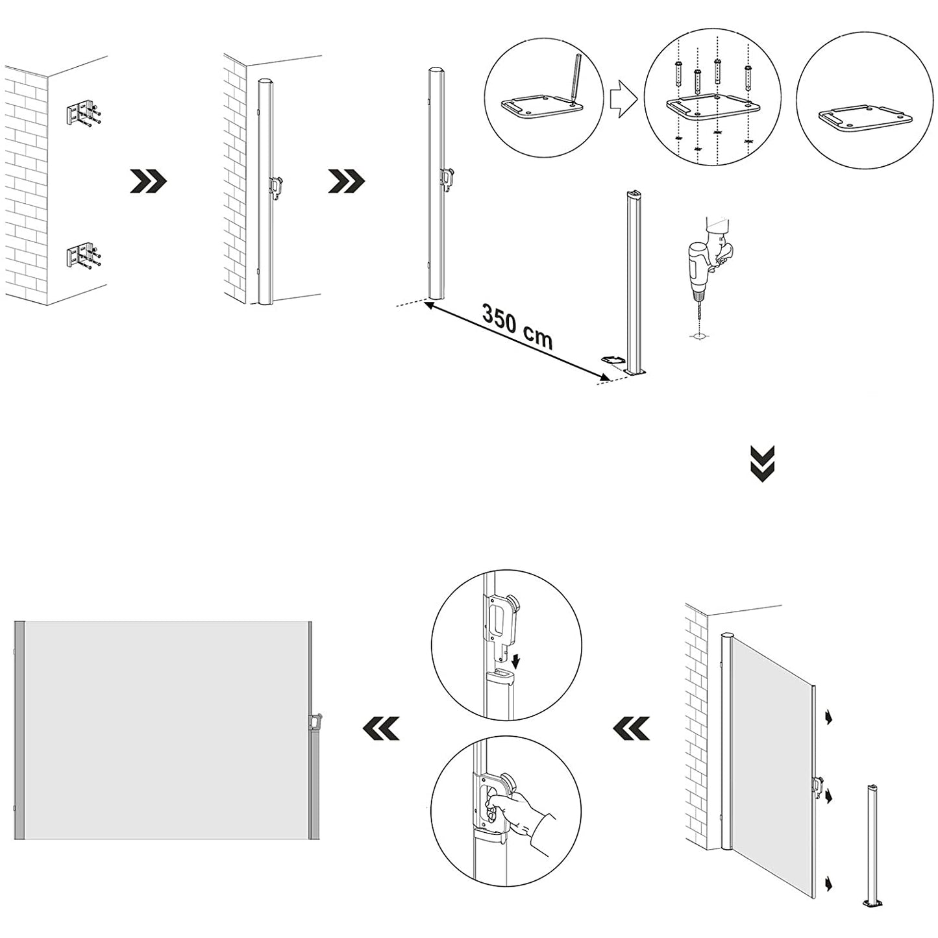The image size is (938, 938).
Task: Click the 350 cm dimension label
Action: tap(517, 327)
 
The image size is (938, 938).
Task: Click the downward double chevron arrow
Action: tap(763, 463)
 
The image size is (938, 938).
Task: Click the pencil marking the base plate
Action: tap(575, 79)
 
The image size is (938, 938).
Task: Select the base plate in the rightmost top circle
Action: tap(866, 120)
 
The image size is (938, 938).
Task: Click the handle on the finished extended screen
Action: tap(317, 721)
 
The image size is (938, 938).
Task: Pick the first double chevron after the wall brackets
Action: tap(149, 182)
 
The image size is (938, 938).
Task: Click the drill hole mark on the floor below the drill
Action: tap(700, 337)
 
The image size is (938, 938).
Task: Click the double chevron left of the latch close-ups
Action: tap(382, 728)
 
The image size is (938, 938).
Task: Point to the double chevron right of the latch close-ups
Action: tap(632, 728)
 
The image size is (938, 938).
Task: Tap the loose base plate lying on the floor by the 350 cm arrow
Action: tap(611, 359)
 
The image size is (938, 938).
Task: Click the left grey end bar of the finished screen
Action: tap(19, 730)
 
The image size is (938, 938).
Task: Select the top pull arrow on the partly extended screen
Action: tap(829, 717)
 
